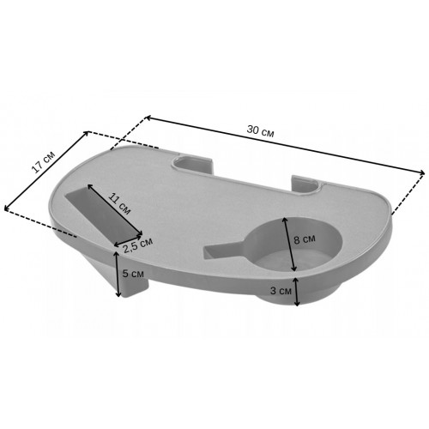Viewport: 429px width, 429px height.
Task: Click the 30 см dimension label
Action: tap(260, 131)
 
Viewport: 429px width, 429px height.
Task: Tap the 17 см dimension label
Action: tap(44, 162)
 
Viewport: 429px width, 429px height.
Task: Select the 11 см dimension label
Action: tap(119, 204)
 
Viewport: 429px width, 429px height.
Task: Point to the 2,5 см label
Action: tap(138, 245)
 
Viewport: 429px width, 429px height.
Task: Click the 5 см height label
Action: tap(133, 274)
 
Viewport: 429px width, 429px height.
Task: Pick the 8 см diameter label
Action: tap(305, 239)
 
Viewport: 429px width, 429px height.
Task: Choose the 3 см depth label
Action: tap(281, 291)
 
